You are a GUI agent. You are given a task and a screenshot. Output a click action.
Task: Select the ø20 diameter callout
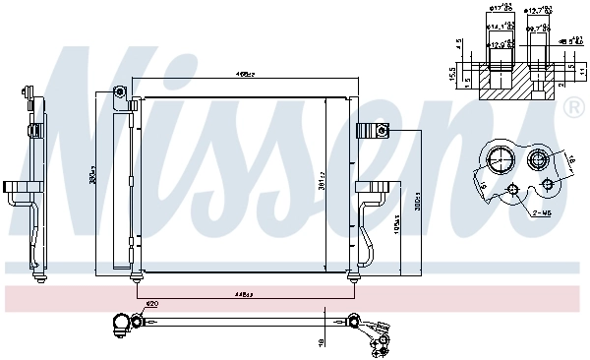click(x=151, y=304)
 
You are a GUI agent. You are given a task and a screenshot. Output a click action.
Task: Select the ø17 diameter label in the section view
click(x=497, y=12)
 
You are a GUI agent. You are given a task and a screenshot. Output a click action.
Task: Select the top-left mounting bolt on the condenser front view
click(x=119, y=92)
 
